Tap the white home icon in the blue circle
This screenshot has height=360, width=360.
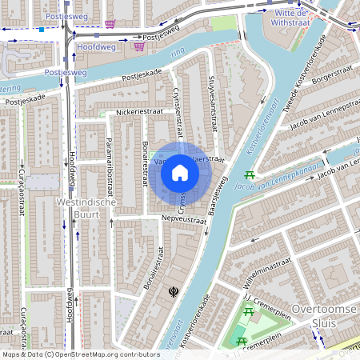tap(180, 171)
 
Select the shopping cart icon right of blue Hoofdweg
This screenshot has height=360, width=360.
tap(139, 46)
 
